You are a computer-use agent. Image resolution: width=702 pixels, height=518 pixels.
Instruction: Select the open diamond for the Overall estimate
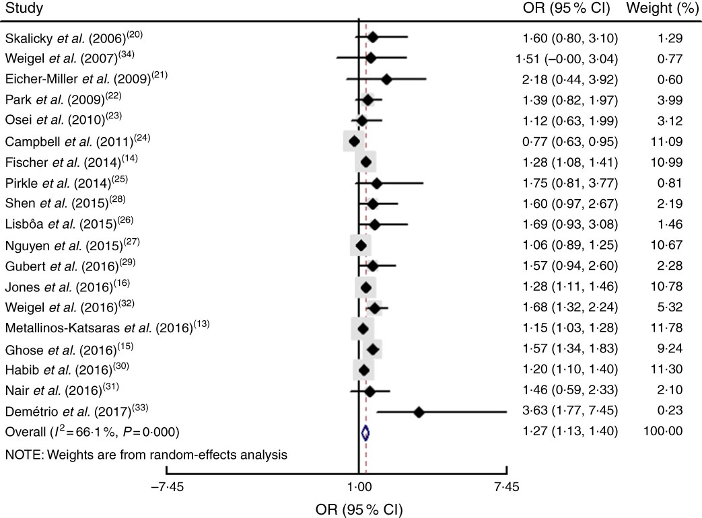(x=365, y=433)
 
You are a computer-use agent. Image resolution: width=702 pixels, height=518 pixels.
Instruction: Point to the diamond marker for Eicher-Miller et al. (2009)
(x=386, y=79)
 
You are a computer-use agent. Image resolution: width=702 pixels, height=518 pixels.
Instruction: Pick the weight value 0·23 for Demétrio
(x=672, y=412)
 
